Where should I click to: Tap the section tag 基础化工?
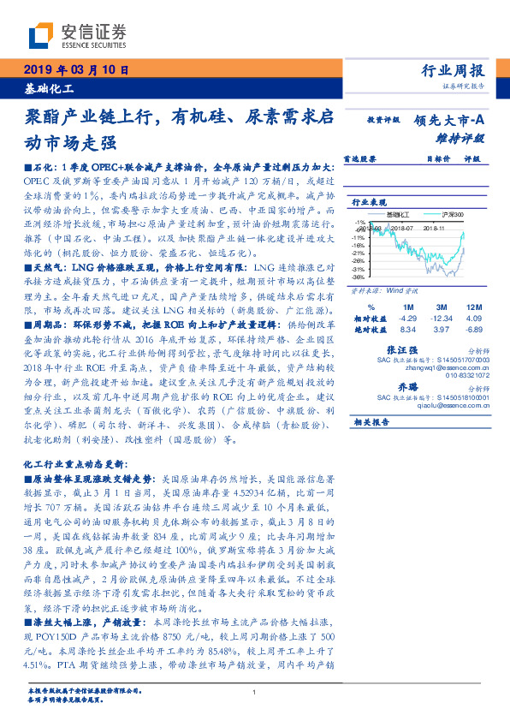[50, 88]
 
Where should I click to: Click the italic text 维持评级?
[466, 137]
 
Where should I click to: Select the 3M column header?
[442, 306]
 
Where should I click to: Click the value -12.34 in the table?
[442, 317]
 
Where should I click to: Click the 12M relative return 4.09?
[476, 317]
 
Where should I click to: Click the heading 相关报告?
[371, 422]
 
